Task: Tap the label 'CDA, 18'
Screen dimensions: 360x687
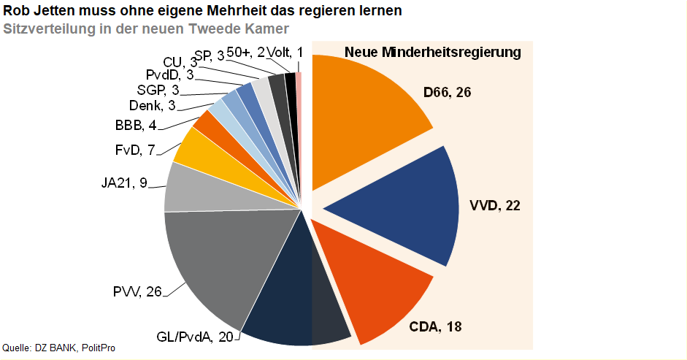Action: coord(435,326)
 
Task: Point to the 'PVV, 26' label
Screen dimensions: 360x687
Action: coord(137,292)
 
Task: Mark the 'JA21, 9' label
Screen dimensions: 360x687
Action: coord(124,183)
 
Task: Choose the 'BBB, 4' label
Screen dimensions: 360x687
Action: coord(135,123)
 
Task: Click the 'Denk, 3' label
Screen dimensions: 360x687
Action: coord(152,106)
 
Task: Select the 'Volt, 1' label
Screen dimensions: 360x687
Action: coord(285,53)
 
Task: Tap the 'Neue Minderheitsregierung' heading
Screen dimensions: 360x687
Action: coord(432,53)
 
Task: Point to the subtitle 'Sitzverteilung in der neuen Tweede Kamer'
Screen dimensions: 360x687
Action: coord(146,28)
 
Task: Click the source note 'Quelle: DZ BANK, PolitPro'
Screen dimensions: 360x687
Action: coord(59,348)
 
